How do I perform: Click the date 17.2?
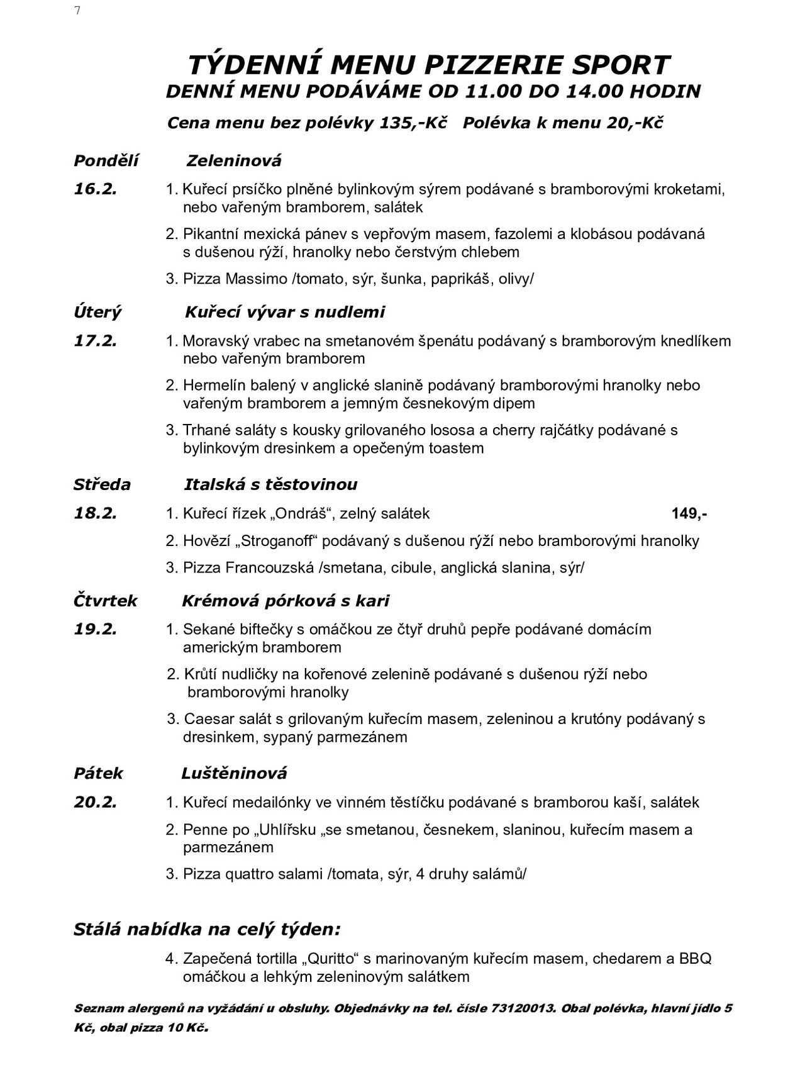(x=96, y=341)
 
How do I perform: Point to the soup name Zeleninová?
(x=234, y=161)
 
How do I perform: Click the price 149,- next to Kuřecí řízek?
(x=689, y=513)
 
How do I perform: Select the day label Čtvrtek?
(x=106, y=601)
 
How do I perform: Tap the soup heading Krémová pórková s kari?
(x=286, y=601)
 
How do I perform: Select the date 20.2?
(x=96, y=803)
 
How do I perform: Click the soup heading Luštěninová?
(x=234, y=773)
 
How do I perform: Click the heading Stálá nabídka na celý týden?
(x=208, y=929)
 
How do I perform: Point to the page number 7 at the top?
(x=77, y=11)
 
